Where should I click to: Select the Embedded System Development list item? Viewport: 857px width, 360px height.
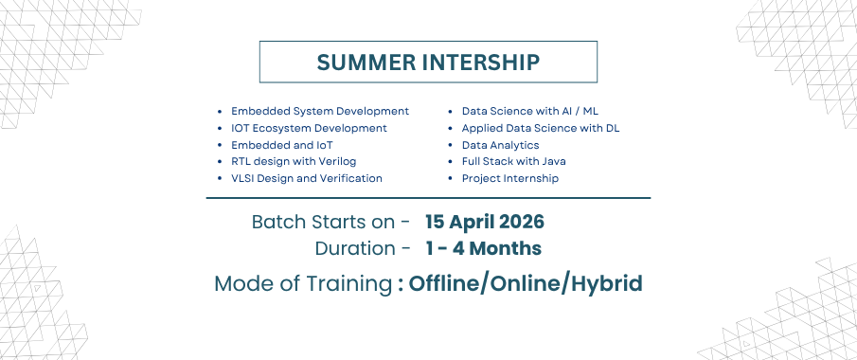click(x=320, y=111)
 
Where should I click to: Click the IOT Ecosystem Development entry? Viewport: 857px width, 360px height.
click(x=309, y=128)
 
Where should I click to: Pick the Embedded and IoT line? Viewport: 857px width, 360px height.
click(x=282, y=145)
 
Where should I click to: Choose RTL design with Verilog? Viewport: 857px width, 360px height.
click(x=294, y=161)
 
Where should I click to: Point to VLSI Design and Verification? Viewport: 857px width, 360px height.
click(x=307, y=178)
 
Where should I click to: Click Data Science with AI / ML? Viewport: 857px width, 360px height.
click(x=530, y=111)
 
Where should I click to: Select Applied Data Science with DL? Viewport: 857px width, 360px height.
click(x=541, y=128)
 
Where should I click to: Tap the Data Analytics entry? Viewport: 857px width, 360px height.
click(x=501, y=145)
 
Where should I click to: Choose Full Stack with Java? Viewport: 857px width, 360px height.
click(x=514, y=161)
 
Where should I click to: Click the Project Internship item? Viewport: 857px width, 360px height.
click(x=509, y=178)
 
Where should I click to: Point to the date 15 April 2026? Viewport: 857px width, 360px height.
click(x=485, y=222)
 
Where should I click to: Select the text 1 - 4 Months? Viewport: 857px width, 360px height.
click(x=484, y=248)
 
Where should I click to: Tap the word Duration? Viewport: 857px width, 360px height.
click(x=355, y=248)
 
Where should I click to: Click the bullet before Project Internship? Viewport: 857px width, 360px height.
click(x=451, y=179)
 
